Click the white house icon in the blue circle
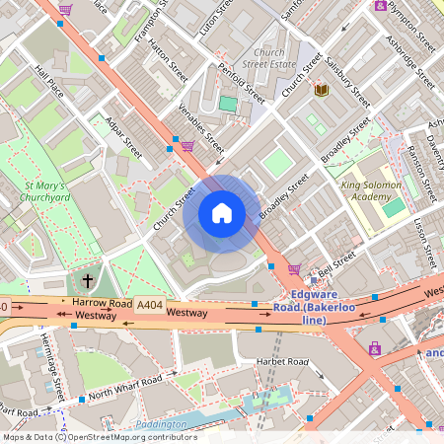click(x=222, y=213)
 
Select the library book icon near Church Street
click(x=321, y=91)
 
